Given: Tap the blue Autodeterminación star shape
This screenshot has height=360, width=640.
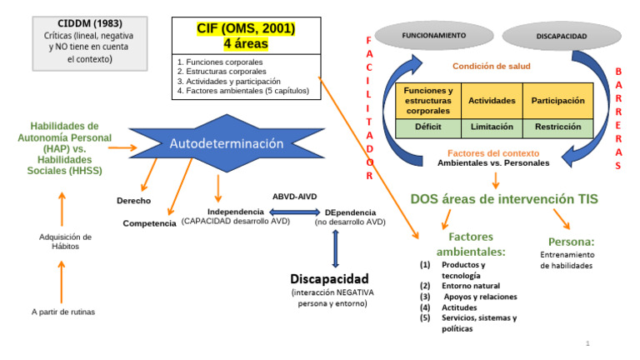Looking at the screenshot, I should (x=226, y=143).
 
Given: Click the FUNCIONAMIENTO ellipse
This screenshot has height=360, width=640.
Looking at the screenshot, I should (x=433, y=36).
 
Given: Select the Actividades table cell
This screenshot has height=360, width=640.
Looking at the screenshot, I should (x=491, y=100).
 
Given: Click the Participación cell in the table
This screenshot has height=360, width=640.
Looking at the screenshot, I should (x=557, y=100).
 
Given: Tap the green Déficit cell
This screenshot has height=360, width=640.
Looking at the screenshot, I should (x=427, y=127).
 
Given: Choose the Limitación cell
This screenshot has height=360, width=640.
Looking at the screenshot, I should (x=491, y=127).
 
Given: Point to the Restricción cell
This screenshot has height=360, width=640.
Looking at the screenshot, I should (x=557, y=127).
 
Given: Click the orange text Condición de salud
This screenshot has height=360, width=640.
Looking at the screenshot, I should (x=491, y=66).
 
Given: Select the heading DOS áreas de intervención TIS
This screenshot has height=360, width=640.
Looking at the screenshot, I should (x=504, y=199).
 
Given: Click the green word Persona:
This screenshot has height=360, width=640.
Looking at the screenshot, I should (x=571, y=242).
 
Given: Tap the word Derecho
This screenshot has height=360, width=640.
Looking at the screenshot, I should (x=133, y=201).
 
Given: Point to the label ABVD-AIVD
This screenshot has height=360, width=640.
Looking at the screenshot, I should (x=296, y=197).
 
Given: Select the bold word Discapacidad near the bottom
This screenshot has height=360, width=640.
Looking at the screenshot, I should (x=329, y=277).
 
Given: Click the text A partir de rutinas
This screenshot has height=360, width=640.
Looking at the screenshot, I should (x=63, y=312).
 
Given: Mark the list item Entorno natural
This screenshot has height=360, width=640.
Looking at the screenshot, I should (x=471, y=286).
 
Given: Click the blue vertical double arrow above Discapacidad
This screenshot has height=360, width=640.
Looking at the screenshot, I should (x=335, y=247).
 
